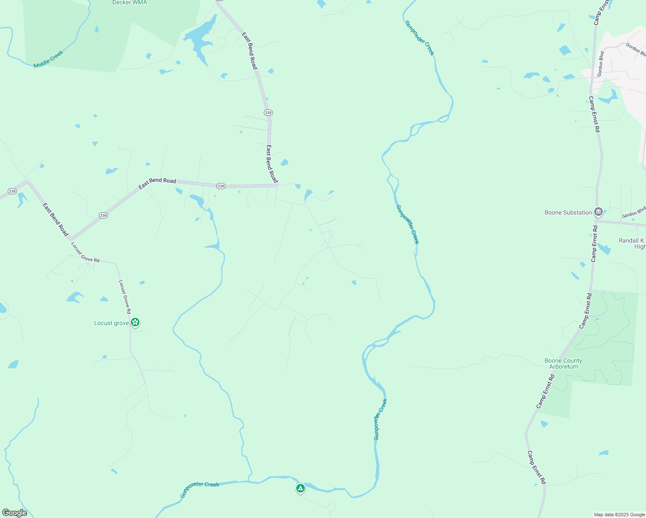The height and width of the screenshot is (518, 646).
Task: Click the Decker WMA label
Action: tap(130, 3)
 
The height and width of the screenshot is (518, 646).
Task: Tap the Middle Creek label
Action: tap(48, 59)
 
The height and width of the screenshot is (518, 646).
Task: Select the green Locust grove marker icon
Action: tap(135, 322)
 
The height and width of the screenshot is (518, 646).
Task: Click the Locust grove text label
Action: tap(111, 323)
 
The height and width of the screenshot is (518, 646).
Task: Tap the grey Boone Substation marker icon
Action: tap(598, 212)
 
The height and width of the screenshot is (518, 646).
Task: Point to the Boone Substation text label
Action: tap(568, 212)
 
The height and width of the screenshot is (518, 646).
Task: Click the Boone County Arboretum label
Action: tap(563, 363)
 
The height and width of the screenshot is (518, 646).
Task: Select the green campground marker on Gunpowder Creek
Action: tap(301, 488)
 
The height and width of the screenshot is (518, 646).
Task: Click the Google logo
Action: tap(15, 513)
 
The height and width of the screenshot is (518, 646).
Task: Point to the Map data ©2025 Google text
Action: tap(619, 515)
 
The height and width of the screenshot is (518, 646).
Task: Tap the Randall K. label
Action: tap(632, 240)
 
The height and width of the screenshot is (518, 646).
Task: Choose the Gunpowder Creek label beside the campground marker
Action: tap(199, 489)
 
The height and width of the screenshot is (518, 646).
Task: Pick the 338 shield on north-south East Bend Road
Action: tap(268, 113)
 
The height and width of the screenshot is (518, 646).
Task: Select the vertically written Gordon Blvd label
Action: tap(600, 64)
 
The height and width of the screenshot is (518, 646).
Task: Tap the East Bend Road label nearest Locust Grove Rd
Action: tap(56, 219)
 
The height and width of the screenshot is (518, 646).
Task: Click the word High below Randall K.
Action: tap(640, 247)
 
